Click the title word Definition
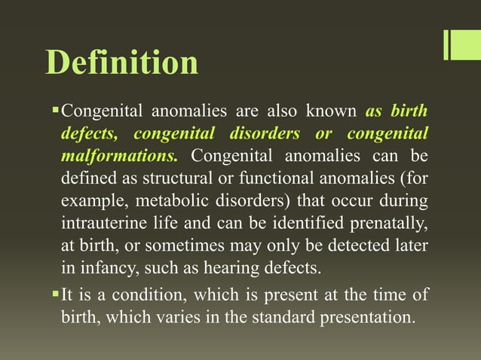pyautogui.click(x=122, y=63)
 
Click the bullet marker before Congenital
pyautogui.click(x=54, y=112)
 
